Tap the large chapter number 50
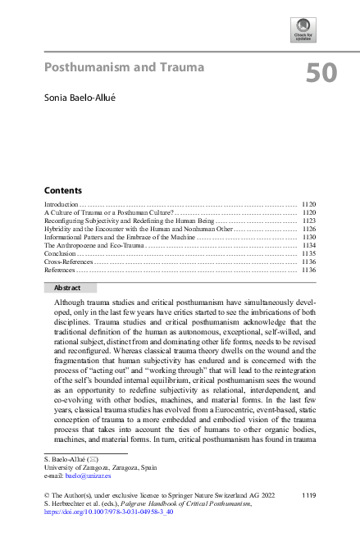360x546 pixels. (x=321, y=74)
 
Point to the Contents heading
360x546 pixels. (x=62, y=189)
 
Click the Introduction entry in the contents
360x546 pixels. (x=61, y=202)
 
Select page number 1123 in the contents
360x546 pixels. (x=308, y=220)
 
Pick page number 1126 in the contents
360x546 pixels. (x=308, y=229)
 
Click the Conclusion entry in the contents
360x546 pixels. (x=59, y=253)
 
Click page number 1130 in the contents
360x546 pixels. (x=308, y=237)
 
